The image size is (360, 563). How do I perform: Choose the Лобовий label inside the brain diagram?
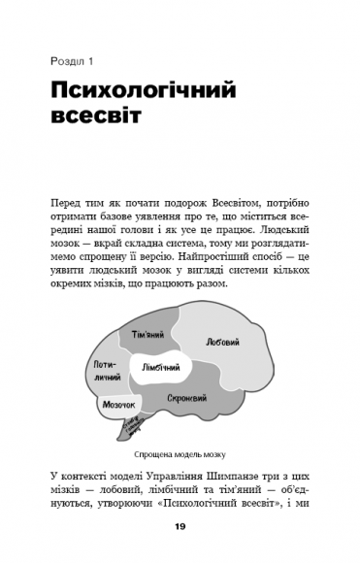pos(222,342)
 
